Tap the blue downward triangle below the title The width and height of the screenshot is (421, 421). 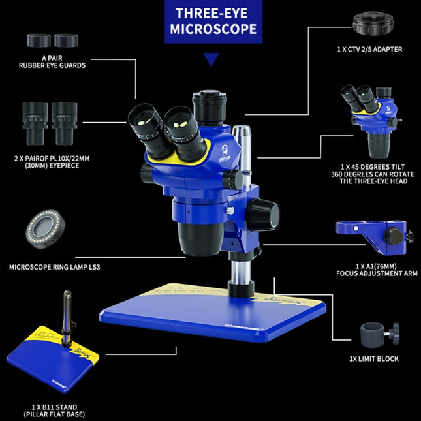211,59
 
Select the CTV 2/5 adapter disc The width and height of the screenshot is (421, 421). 373,24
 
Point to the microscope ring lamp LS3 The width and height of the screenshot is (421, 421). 46,228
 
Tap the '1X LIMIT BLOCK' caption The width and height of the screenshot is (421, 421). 373,358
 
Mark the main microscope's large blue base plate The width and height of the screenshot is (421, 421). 215,313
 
